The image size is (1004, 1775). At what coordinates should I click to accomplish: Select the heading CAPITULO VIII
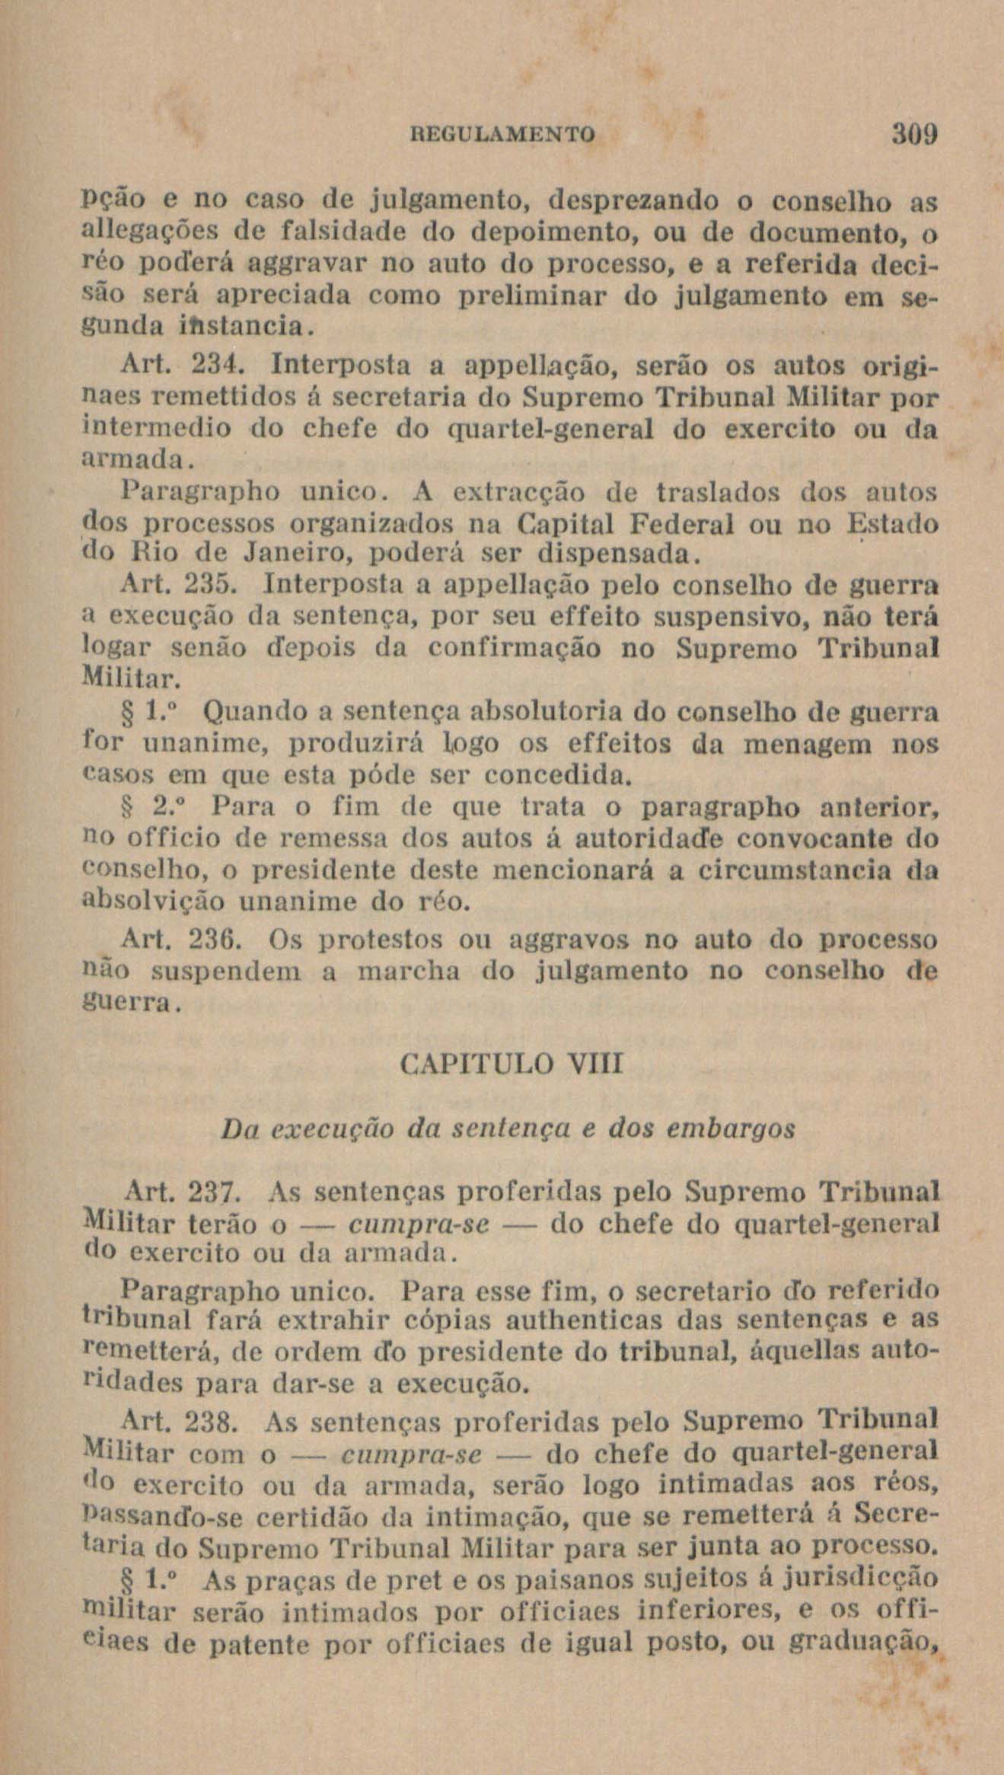pos(511,1062)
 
